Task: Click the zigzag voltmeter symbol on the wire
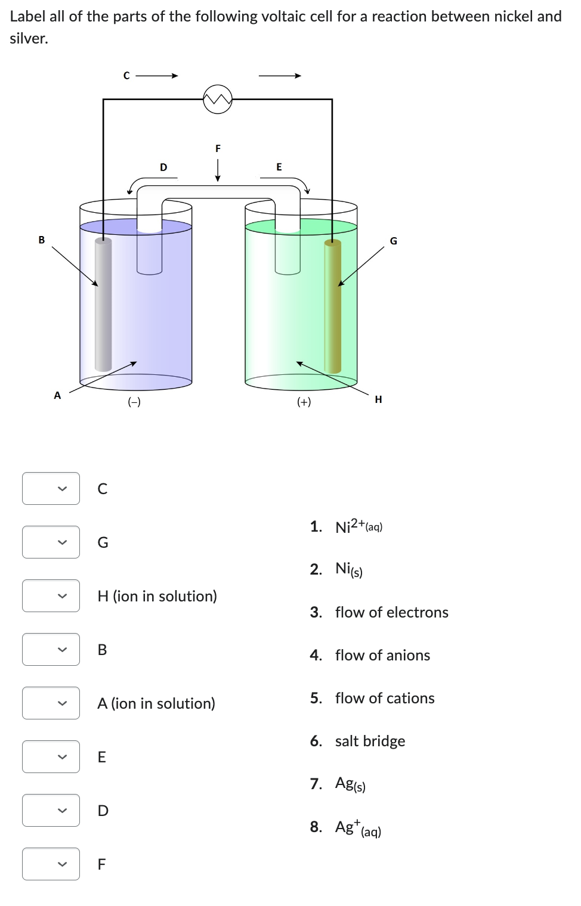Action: (217, 99)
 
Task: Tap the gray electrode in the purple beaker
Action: (103, 304)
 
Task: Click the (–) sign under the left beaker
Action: (134, 402)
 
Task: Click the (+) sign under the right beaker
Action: (304, 402)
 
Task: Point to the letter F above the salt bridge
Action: (218, 148)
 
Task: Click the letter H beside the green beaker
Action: (378, 399)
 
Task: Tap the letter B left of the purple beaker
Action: (42, 240)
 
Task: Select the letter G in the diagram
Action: (393, 241)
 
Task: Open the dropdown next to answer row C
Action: (51, 489)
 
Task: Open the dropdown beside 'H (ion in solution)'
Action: (51, 596)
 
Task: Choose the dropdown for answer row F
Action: (51, 864)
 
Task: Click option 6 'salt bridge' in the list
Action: (369, 741)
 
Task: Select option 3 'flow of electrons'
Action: (391, 612)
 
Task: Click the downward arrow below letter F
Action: (218, 170)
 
